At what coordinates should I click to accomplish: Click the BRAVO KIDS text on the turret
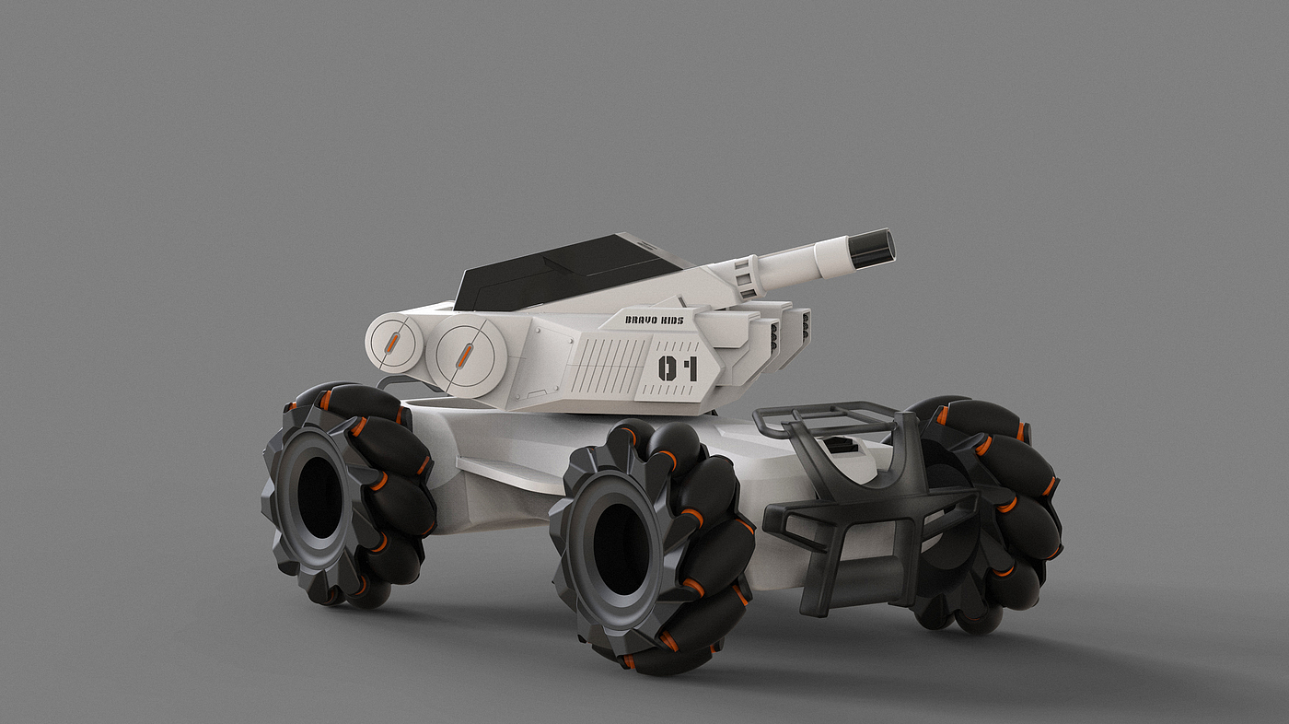click(x=655, y=320)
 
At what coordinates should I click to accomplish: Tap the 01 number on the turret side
click(x=678, y=368)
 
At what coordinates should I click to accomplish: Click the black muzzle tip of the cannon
click(x=873, y=248)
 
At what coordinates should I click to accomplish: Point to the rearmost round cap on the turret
click(x=395, y=344)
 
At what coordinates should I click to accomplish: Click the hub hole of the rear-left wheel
click(x=319, y=497)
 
